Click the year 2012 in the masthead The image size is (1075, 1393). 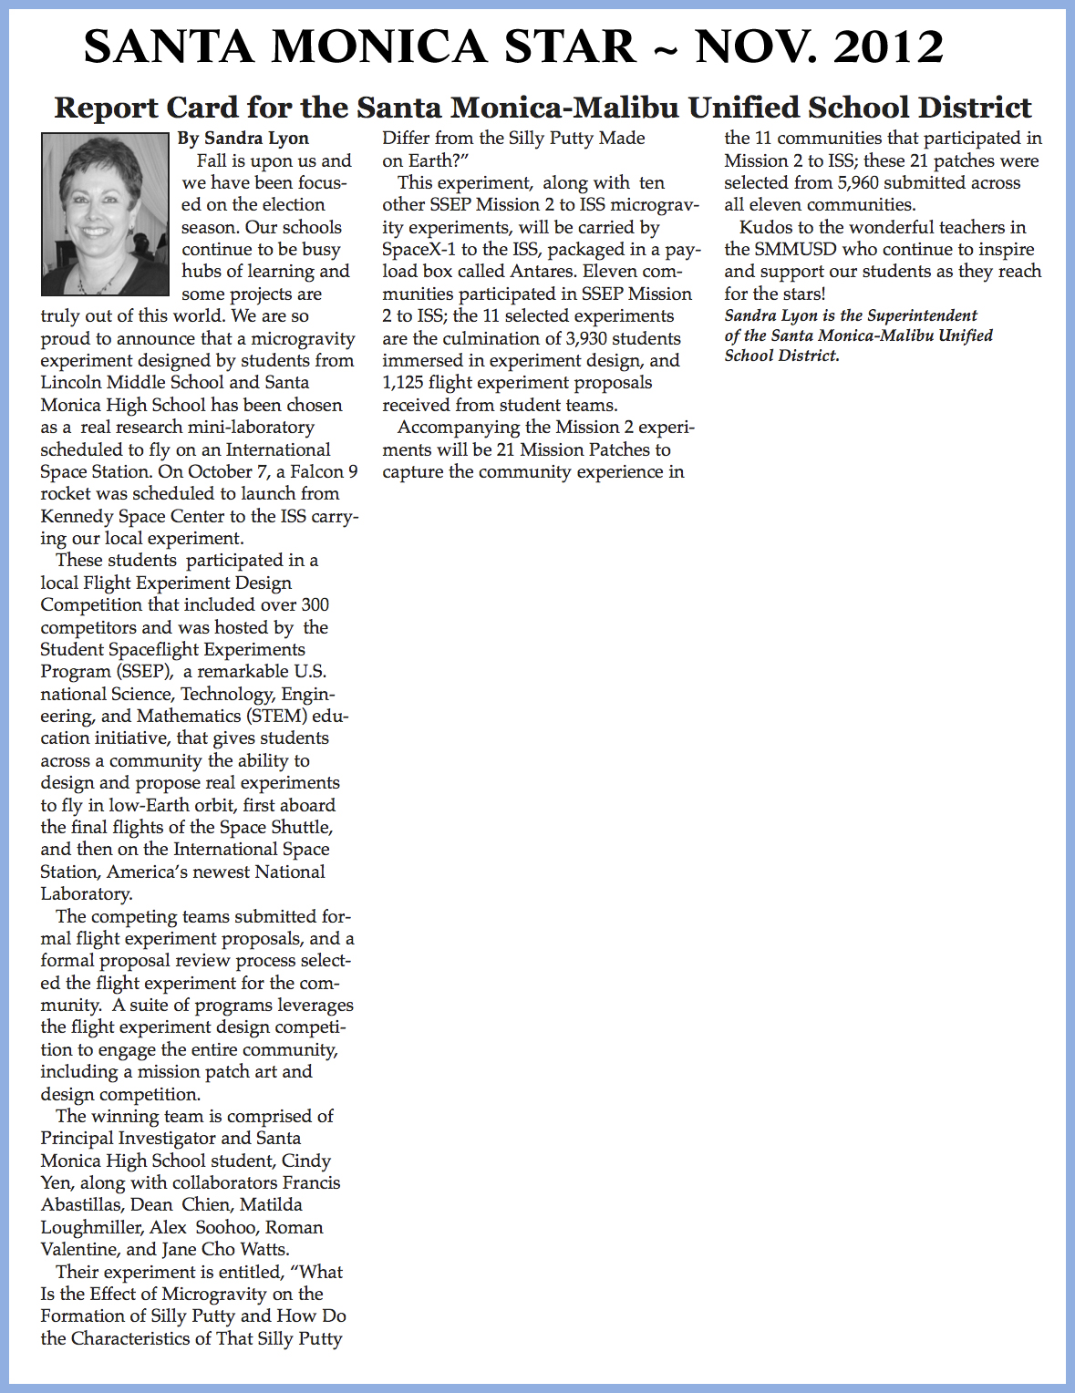(888, 47)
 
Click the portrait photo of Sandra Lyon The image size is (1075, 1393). (105, 214)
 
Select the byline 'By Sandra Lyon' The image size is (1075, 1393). (243, 139)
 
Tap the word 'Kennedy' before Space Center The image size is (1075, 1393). (78, 516)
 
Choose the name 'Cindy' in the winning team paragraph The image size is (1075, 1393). (306, 1161)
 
